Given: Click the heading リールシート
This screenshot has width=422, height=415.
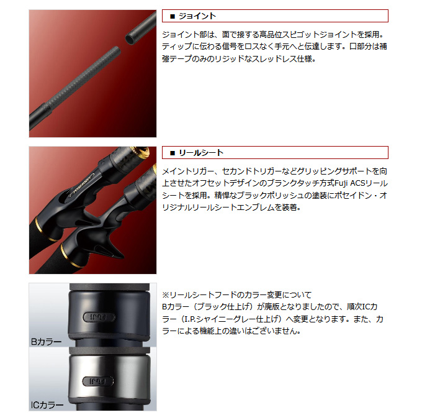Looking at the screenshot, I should coord(201,153).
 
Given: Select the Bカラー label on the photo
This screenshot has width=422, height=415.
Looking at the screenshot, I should coord(47,341).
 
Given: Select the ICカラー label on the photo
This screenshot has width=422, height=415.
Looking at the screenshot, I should coord(47,405).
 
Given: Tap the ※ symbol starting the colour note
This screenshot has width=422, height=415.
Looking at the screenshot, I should coord(166,294).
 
